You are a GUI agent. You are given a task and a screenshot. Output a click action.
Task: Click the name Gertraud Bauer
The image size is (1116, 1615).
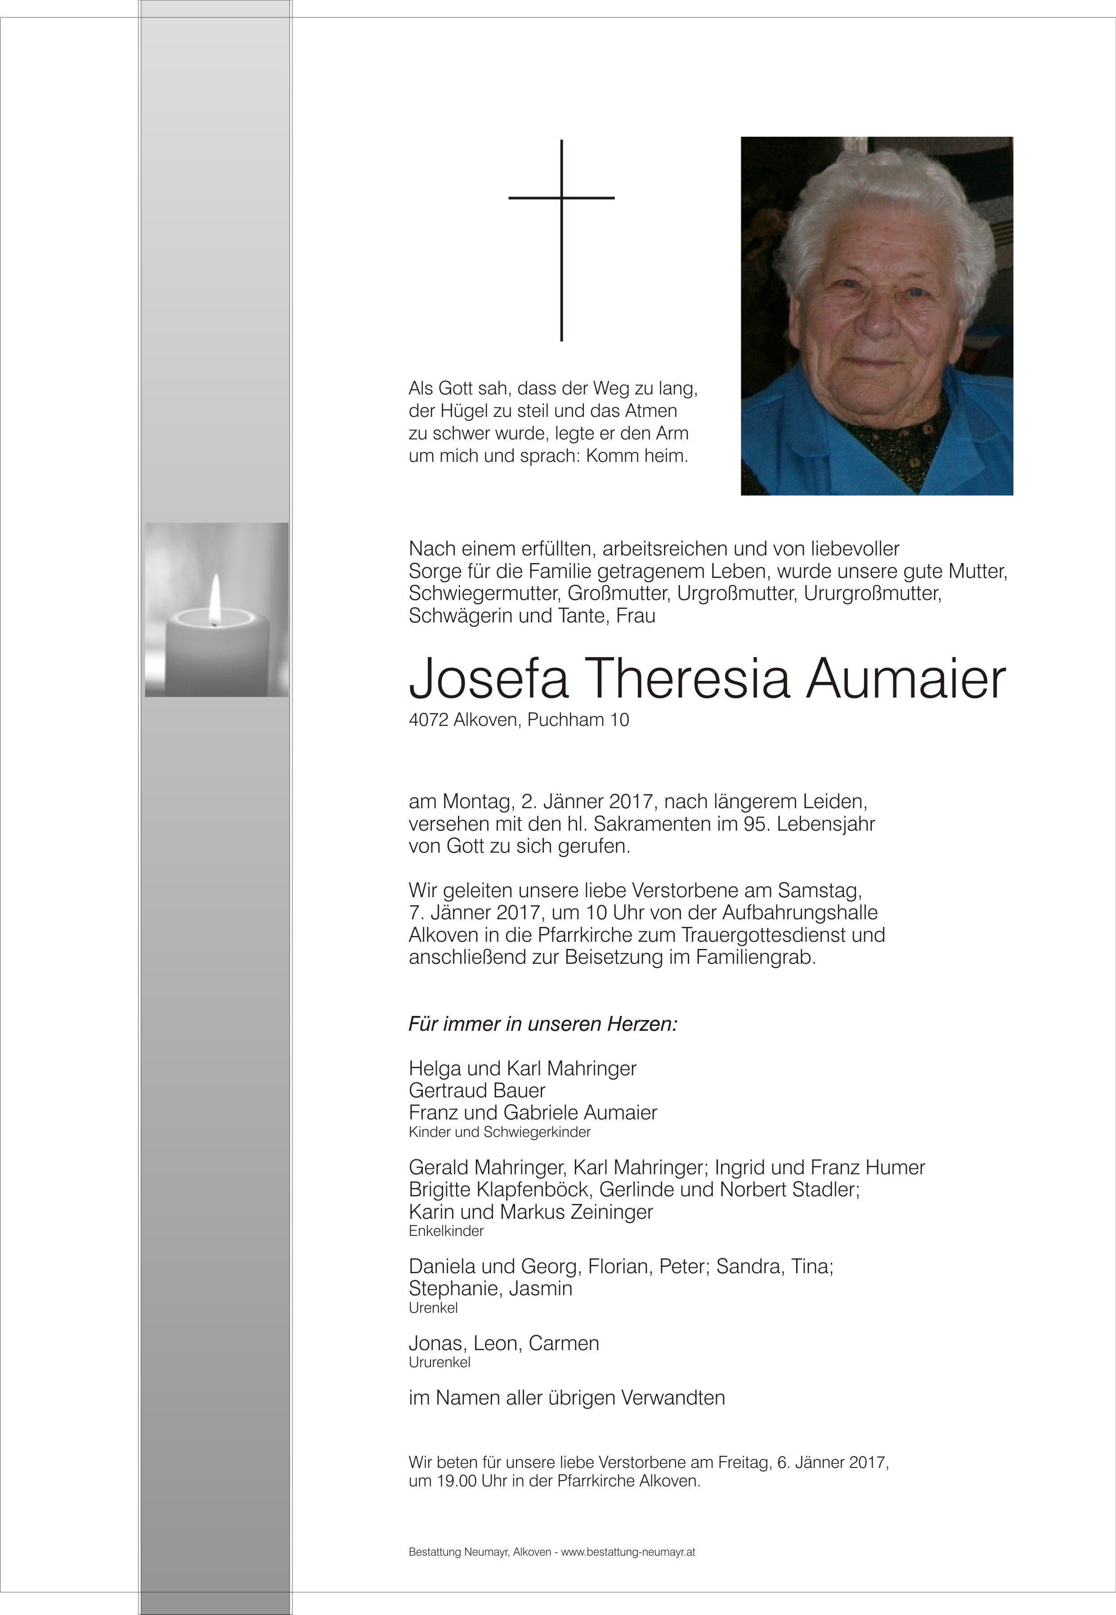(x=477, y=1090)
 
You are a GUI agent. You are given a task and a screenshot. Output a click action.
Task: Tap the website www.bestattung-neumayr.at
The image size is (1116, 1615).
(x=628, y=1552)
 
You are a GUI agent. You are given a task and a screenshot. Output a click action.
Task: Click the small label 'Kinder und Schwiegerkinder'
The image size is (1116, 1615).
(x=499, y=1132)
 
